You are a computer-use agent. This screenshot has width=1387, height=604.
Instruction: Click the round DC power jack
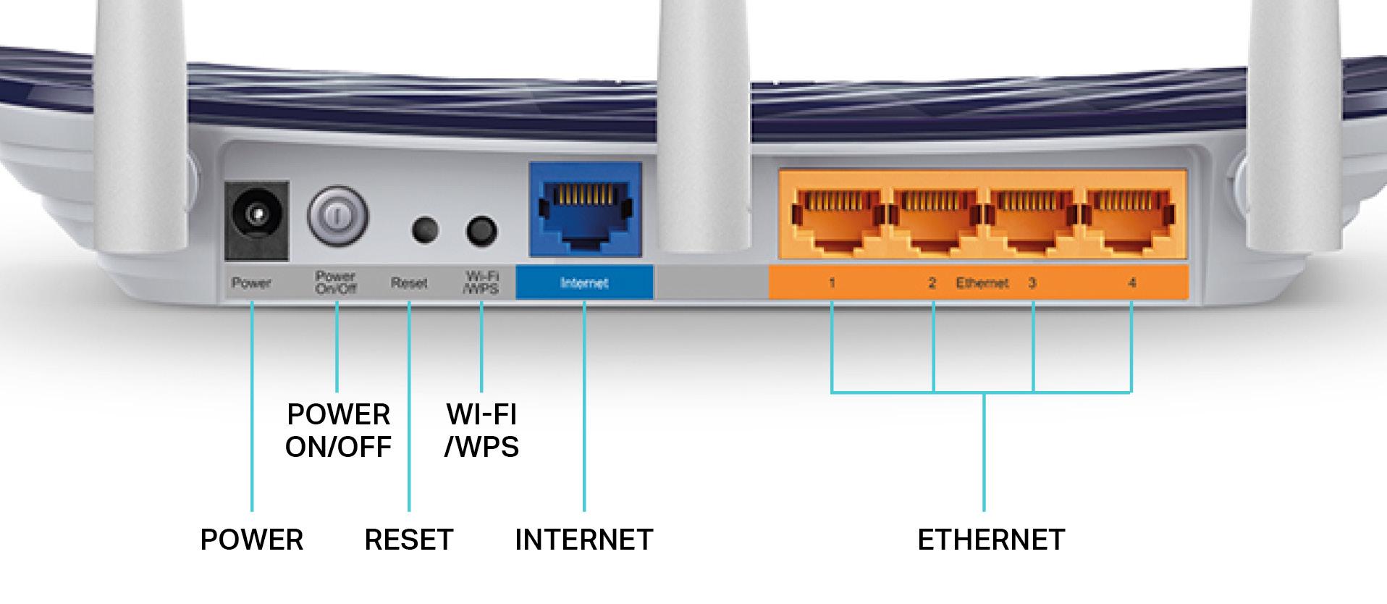coord(256,215)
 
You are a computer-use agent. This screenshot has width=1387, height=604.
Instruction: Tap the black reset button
coord(425,230)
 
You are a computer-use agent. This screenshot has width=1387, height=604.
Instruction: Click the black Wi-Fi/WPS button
coord(481,231)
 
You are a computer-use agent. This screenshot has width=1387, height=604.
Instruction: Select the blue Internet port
coord(585,212)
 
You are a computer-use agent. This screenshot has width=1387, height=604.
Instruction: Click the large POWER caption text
coord(251,540)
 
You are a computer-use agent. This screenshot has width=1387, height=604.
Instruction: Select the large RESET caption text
coord(409,540)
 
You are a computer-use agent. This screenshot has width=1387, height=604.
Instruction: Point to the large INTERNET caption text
coord(584,540)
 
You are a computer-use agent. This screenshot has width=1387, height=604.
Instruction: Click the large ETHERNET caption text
coord(991,540)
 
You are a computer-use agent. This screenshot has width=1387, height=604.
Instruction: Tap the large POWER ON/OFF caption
coord(338,430)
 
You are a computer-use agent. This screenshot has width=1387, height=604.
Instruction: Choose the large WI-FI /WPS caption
coord(481,430)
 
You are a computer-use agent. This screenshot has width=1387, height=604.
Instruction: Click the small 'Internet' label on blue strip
coord(584,283)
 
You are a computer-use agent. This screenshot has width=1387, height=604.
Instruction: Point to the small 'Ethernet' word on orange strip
coord(982,283)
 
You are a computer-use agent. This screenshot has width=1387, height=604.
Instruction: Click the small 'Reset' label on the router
coord(409,283)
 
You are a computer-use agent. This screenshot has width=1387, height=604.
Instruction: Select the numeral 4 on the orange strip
coord(1131,283)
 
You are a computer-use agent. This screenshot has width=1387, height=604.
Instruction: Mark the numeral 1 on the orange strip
coord(832,283)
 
